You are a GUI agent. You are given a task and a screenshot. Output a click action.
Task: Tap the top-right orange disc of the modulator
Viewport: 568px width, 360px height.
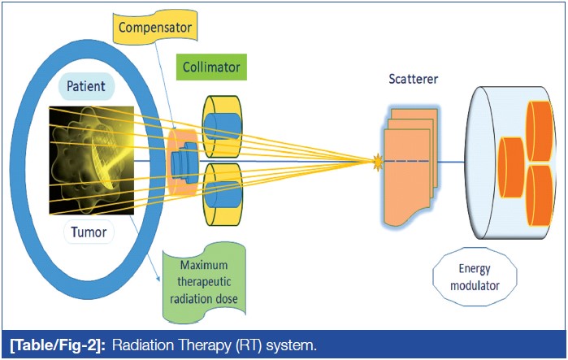[540, 130]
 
